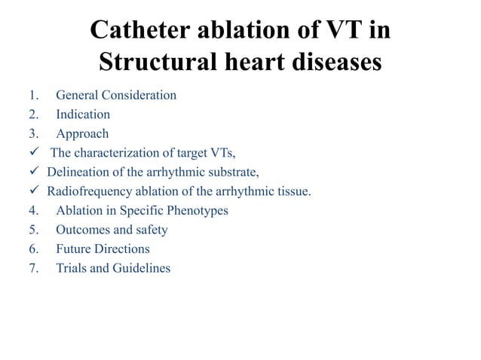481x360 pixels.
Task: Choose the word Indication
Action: [83, 115]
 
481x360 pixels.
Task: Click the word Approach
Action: [82, 134]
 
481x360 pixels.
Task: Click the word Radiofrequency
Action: [85, 191]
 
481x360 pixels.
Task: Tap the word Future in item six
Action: [74, 249]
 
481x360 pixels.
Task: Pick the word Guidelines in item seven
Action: [142, 268]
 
